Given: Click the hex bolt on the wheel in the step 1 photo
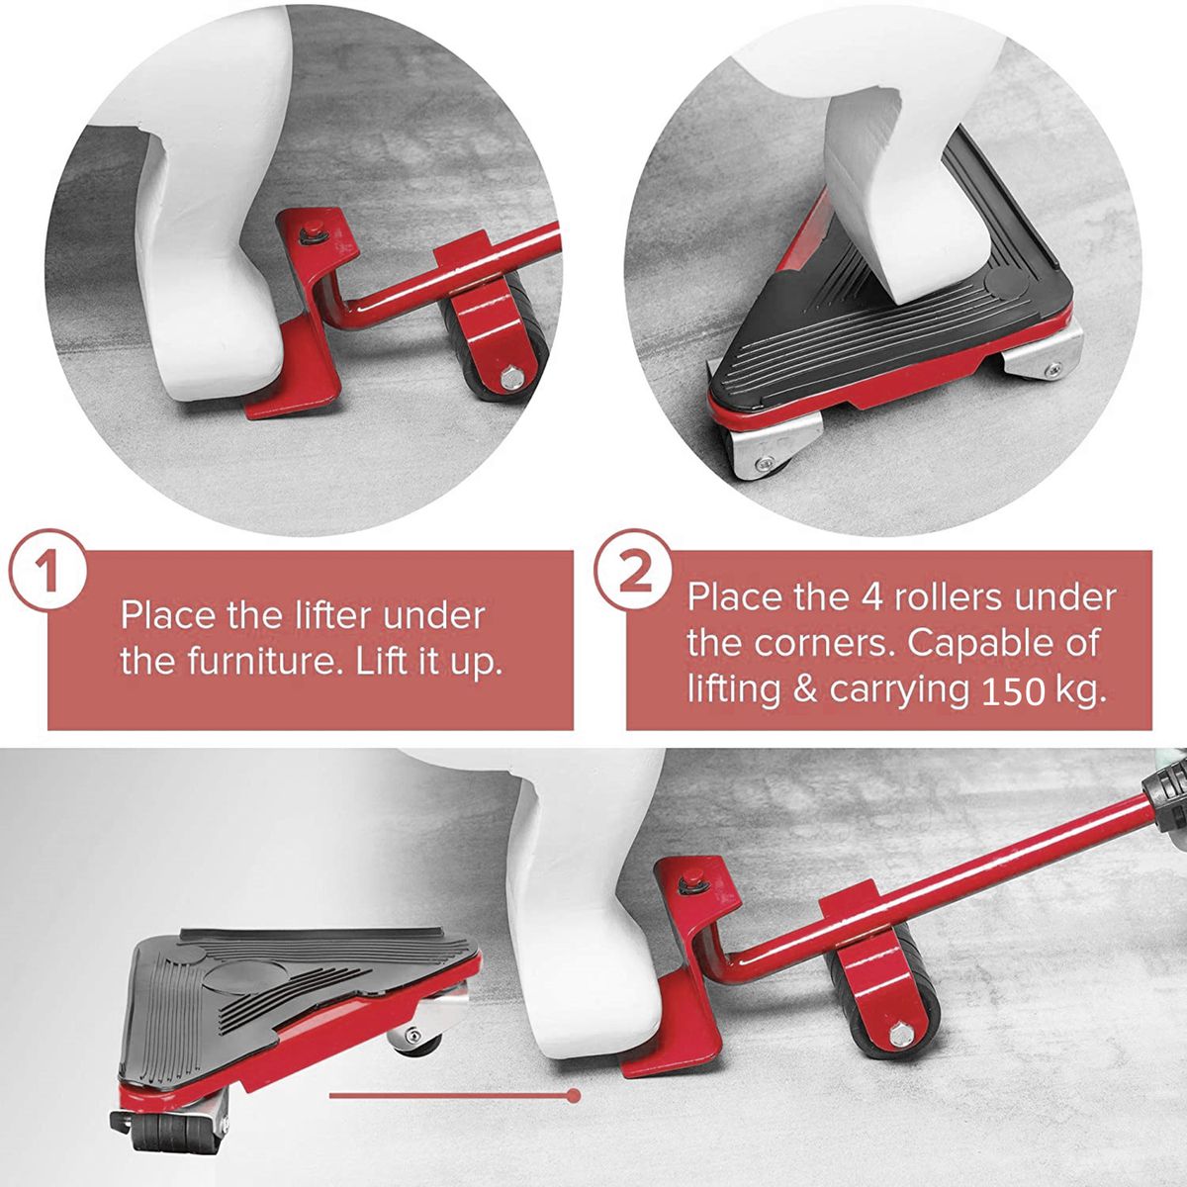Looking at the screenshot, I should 511,378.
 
